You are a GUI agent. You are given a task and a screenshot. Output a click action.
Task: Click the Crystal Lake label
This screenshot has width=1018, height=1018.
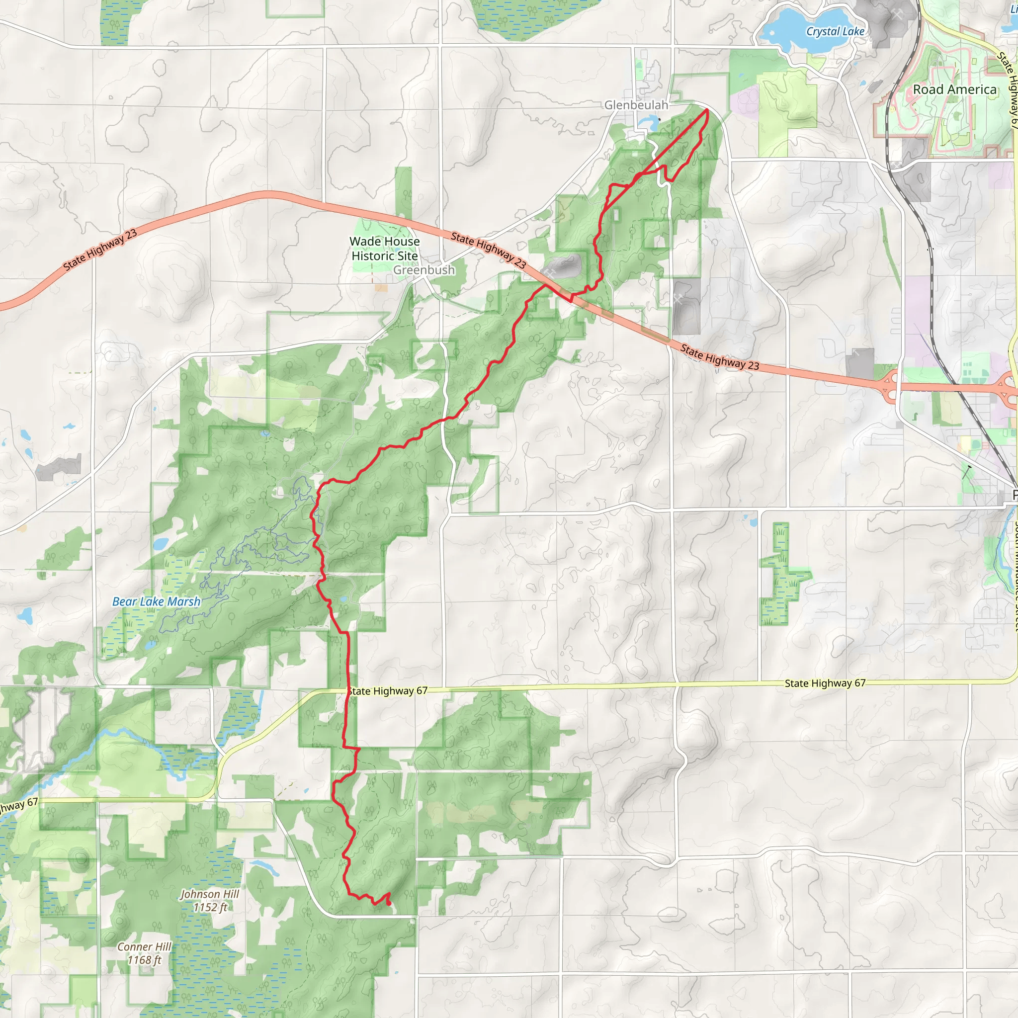pyautogui.click(x=835, y=32)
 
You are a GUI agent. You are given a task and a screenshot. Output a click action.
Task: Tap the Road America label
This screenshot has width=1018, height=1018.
pyautogui.click(x=955, y=89)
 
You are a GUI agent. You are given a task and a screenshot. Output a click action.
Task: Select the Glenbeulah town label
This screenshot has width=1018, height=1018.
pyautogui.click(x=636, y=105)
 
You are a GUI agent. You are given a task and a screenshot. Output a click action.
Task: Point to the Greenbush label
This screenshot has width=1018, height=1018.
pyautogui.click(x=424, y=270)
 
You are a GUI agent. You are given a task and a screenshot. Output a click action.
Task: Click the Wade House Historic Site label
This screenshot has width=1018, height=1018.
pyautogui.click(x=385, y=248)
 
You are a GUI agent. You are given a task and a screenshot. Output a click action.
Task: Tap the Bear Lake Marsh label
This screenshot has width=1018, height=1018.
pyautogui.click(x=157, y=602)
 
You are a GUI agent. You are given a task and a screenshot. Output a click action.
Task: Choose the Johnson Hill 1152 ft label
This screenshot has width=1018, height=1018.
pyautogui.click(x=210, y=901)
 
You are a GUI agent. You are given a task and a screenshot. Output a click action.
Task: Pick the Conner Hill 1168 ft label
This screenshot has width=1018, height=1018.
pyautogui.click(x=144, y=953)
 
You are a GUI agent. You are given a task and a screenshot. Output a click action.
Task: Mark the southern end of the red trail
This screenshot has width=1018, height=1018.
pyautogui.click(x=389, y=903)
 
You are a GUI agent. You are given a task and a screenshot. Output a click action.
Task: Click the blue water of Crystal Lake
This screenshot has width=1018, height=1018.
pyautogui.click(x=790, y=32)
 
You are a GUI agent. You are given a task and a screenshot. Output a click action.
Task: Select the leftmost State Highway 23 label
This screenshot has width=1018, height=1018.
pyautogui.click(x=100, y=250)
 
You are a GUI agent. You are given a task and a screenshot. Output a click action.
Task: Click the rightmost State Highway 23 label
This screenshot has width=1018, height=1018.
pyautogui.click(x=719, y=357)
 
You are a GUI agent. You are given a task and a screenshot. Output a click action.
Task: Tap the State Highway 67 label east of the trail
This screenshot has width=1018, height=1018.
pyautogui.click(x=825, y=683)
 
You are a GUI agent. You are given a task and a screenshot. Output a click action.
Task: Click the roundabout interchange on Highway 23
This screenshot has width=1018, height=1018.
pyautogui.click(x=892, y=386)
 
